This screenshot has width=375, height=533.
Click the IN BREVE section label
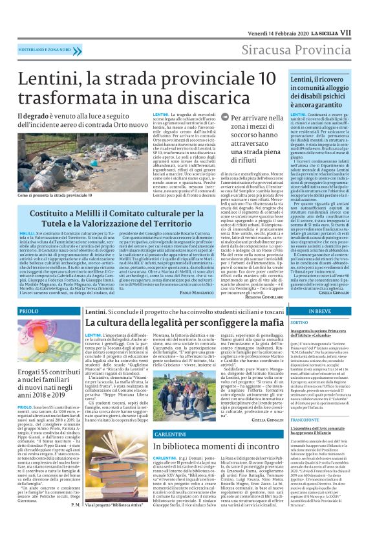321,312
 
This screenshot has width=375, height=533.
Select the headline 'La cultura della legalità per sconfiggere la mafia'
178,323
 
